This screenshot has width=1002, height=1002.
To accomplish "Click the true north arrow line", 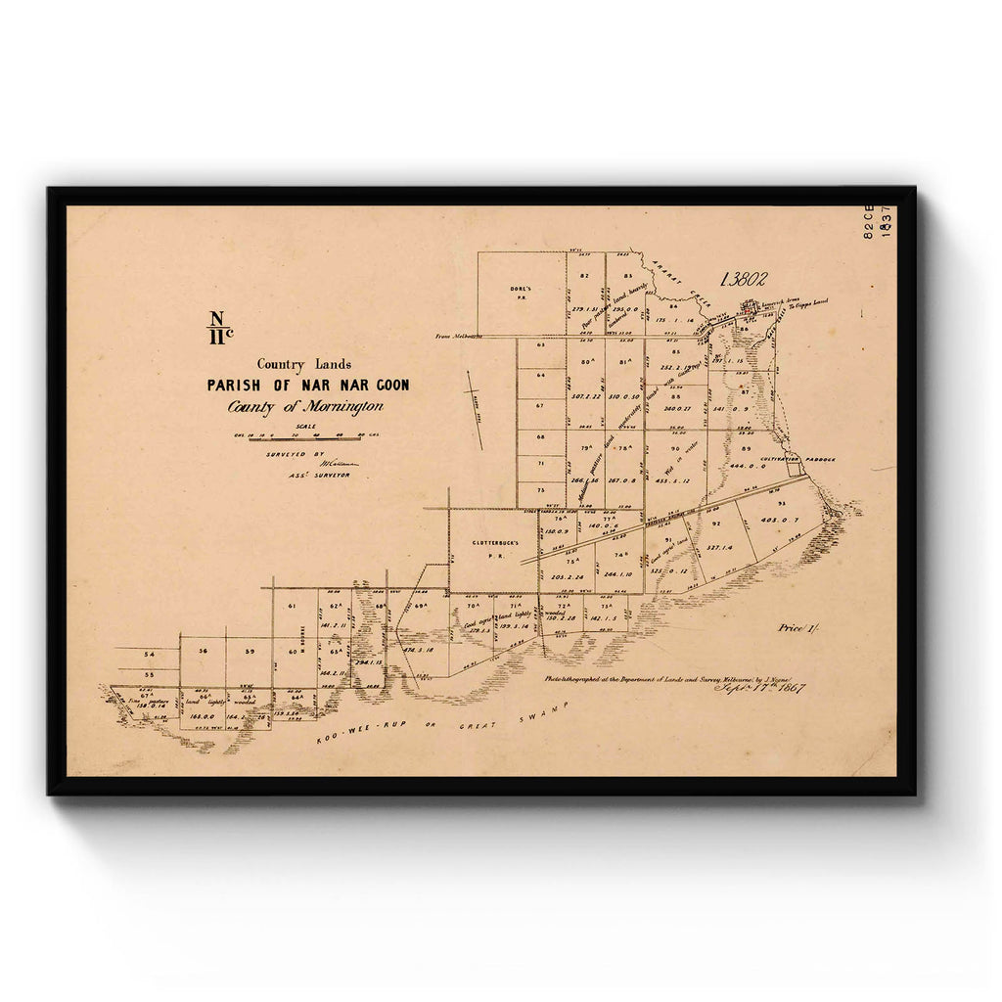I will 475,410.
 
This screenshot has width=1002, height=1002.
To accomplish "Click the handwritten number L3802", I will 743,279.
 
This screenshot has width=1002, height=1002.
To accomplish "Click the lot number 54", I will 149,654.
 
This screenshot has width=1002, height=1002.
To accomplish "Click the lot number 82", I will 584,276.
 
